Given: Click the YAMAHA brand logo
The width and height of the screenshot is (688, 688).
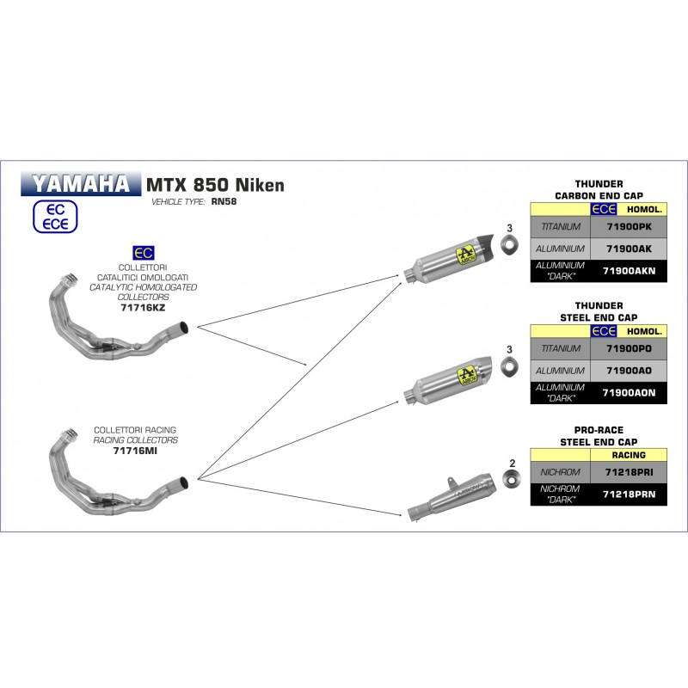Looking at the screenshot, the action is pyautogui.click(x=81, y=184).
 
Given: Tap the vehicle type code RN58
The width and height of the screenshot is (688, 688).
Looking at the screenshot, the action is pyautogui.click(x=224, y=201).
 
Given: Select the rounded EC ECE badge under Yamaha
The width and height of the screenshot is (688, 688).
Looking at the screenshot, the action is pyautogui.click(x=55, y=217).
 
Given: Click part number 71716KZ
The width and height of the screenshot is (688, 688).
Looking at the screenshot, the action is pyautogui.click(x=143, y=308).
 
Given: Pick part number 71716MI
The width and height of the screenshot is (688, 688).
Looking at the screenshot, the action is pyautogui.click(x=135, y=451).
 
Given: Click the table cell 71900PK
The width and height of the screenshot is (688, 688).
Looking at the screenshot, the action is pyautogui.click(x=629, y=227).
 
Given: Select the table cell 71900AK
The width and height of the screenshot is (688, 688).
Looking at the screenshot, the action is pyautogui.click(x=629, y=249).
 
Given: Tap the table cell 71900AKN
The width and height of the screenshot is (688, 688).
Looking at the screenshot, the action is pyautogui.click(x=629, y=271).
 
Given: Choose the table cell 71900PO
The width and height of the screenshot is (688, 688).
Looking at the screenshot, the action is pyautogui.click(x=629, y=349).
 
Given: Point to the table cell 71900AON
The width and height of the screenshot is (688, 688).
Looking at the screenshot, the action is pyautogui.click(x=629, y=393).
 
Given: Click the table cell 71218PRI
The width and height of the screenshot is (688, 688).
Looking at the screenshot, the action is pyautogui.click(x=629, y=472).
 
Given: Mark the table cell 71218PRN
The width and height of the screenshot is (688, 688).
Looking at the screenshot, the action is pyautogui.click(x=629, y=494).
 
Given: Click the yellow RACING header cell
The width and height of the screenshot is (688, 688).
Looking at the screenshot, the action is pyautogui.click(x=629, y=455).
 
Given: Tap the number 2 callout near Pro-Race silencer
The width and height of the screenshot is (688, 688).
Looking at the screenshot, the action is pyautogui.click(x=512, y=463).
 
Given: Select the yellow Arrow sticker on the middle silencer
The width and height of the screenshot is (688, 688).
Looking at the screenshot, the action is pyautogui.click(x=466, y=376).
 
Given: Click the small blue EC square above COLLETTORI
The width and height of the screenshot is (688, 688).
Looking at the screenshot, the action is pyautogui.click(x=144, y=253).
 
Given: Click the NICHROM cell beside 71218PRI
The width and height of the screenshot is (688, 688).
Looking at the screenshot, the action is pyautogui.click(x=561, y=472).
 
